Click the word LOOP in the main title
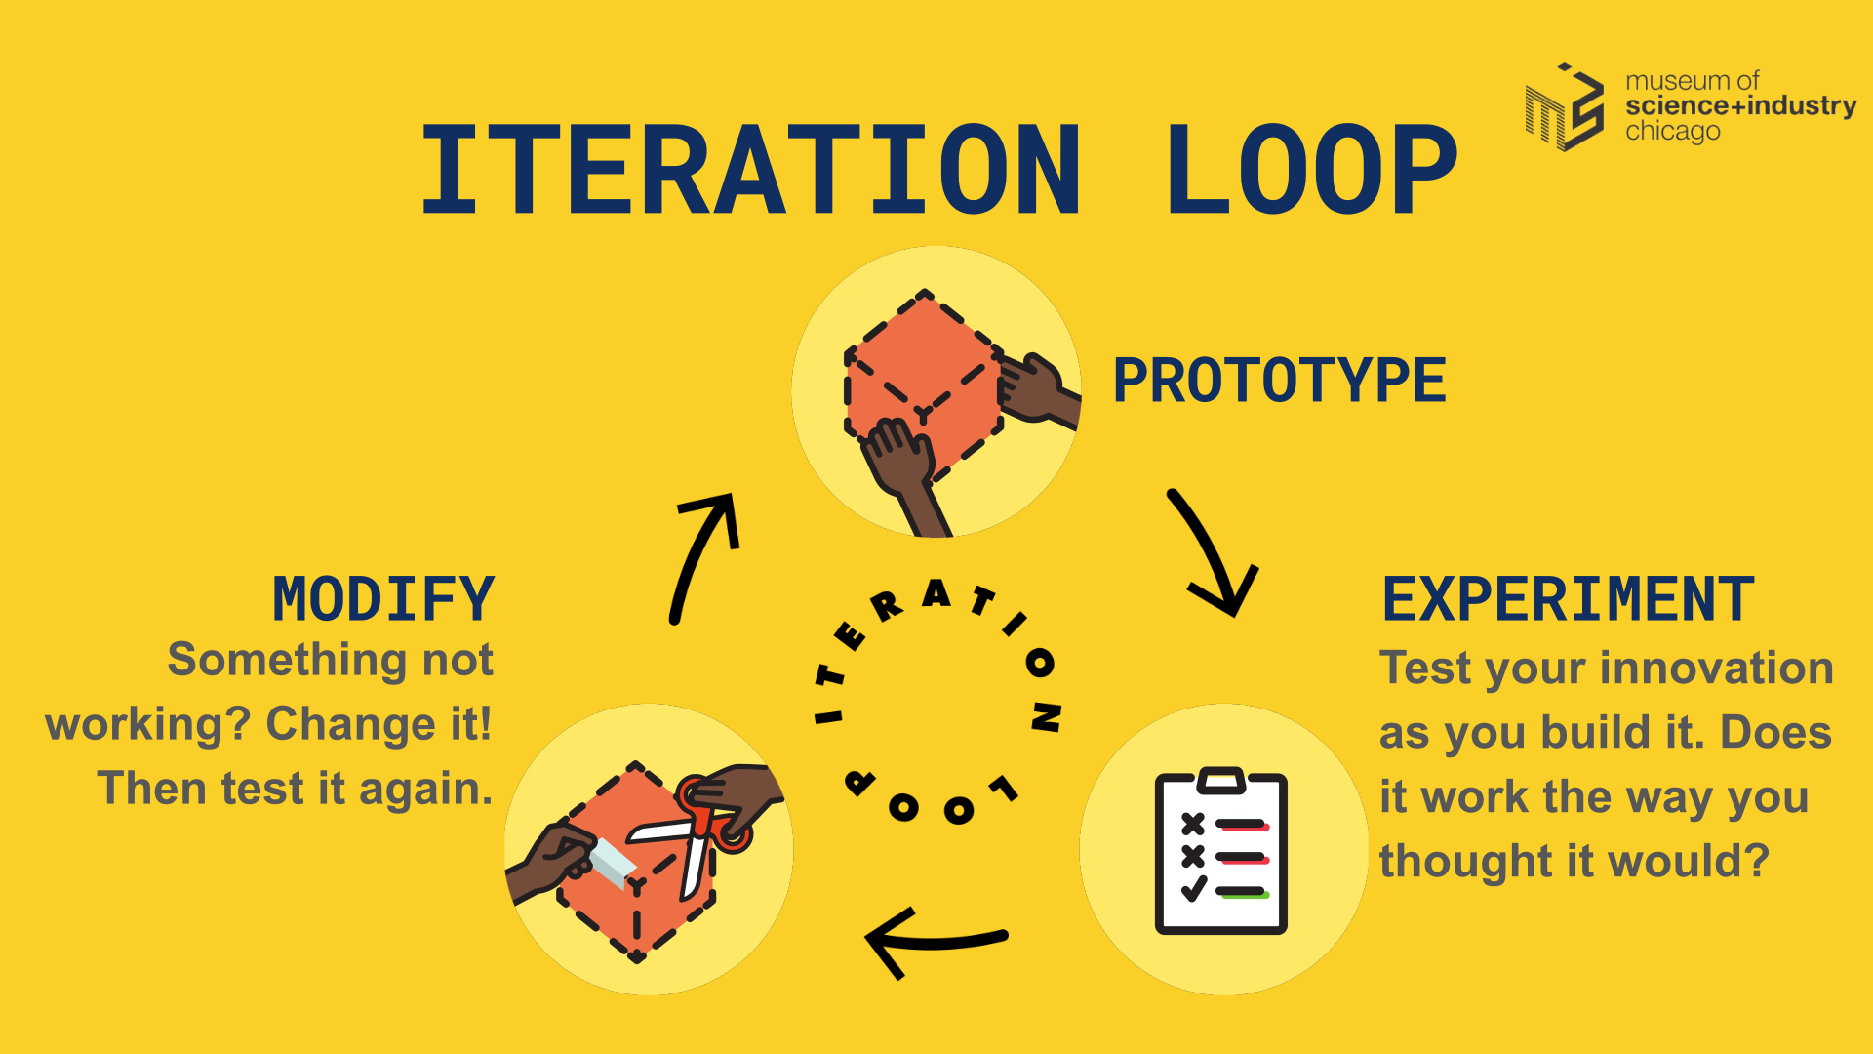coord(1311,170)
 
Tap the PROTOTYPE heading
coord(1279,381)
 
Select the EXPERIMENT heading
coord(1568,599)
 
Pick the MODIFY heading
coord(383,599)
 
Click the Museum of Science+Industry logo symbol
coord(1565,107)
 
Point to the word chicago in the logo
coord(1672,132)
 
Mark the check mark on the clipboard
coord(1193,889)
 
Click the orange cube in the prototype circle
coord(922,381)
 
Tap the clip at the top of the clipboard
coord(1221,780)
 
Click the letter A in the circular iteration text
coord(936,593)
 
